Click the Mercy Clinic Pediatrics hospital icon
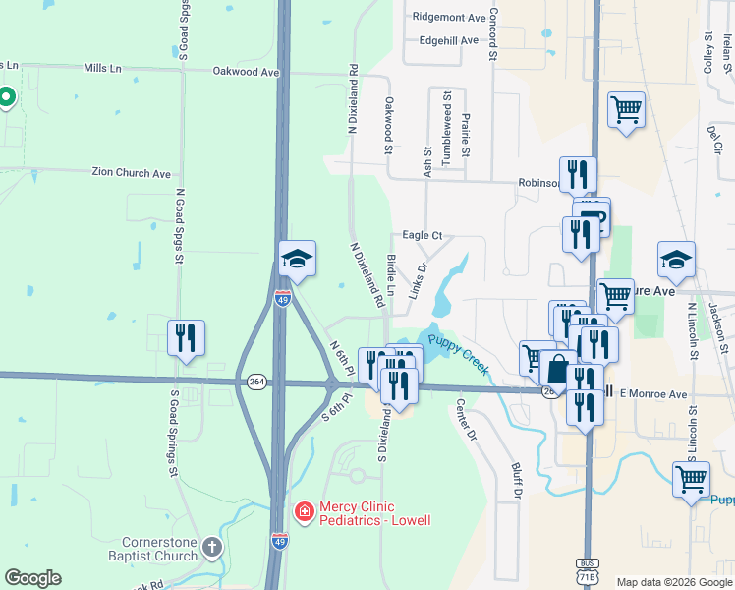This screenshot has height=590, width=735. [x=305, y=511]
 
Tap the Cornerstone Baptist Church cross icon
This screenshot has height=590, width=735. [x=212, y=547]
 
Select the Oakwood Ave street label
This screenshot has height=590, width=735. [x=247, y=72]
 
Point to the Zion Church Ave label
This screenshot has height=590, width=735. [x=131, y=173]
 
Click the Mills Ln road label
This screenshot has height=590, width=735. [x=103, y=68]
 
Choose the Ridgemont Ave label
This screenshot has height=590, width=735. [x=449, y=18]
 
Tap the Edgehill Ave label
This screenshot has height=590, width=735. [x=448, y=40]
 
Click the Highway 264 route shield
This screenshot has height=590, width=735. [x=256, y=382]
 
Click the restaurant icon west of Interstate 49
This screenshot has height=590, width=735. [x=186, y=337]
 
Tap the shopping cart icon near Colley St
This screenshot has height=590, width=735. [x=626, y=110]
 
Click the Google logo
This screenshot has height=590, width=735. [x=32, y=578]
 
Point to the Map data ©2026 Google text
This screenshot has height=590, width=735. [x=673, y=582]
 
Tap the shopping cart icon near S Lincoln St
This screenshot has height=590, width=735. [x=691, y=480]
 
